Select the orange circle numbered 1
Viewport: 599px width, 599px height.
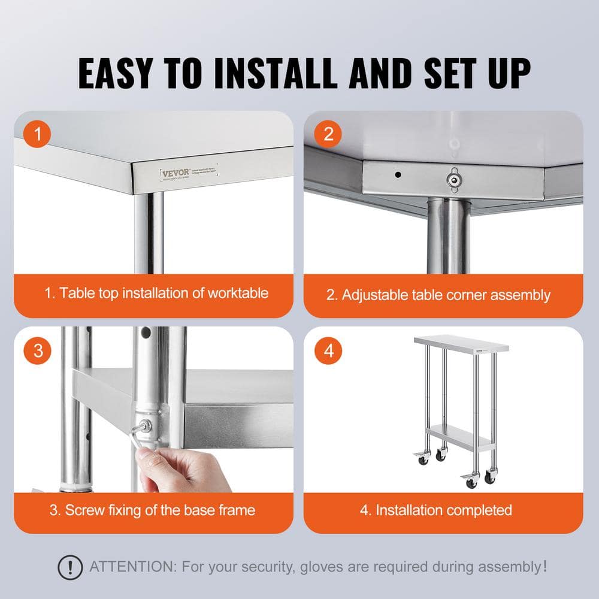click(38, 134)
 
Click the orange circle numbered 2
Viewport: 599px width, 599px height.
click(328, 134)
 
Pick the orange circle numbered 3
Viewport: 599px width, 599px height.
click(38, 350)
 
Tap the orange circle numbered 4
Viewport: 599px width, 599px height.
click(328, 350)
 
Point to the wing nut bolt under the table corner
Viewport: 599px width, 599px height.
click(453, 177)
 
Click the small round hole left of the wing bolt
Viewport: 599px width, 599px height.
click(398, 176)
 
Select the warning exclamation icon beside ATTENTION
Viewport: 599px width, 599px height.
click(70, 566)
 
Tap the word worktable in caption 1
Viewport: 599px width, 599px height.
click(238, 293)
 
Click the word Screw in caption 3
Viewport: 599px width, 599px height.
click(85, 510)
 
